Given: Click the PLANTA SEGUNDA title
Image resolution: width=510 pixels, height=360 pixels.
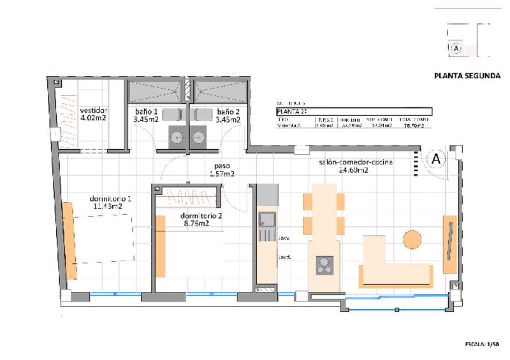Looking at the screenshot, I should point(466,75).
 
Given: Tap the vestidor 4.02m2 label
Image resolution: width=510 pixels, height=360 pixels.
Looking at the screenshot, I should point(93,113).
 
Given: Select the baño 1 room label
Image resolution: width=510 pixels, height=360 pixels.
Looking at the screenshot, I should point(145,115).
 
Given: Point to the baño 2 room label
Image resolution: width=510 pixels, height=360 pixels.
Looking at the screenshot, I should point(228,115).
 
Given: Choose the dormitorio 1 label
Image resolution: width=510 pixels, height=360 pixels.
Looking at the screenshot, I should point(112,203).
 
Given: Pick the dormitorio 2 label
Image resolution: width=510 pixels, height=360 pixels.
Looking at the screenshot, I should point(201,219).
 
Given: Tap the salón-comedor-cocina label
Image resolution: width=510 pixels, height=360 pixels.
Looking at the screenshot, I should point(355,166).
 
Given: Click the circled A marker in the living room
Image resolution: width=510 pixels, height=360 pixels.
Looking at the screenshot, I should point(437,159).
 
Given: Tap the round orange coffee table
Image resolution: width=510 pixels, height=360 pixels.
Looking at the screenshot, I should point(412,240).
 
